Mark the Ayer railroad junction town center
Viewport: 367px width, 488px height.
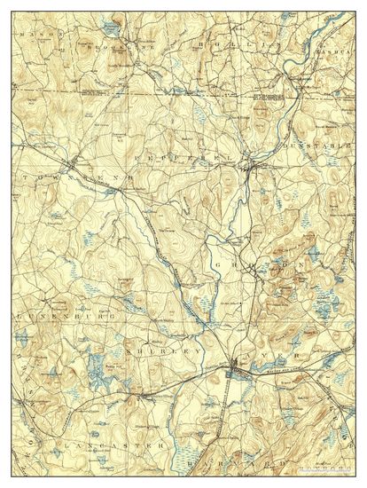[234, 363]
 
